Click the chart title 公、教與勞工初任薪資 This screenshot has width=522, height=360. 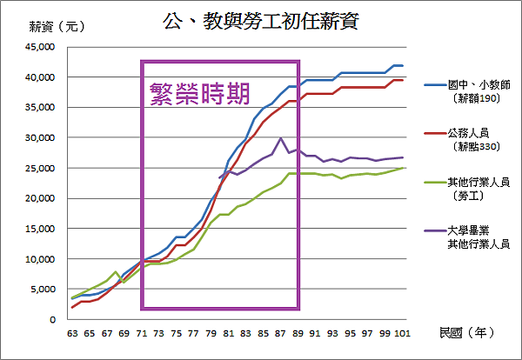(260, 19)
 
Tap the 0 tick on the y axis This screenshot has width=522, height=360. (52, 320)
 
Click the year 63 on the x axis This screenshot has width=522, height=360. (72, 333)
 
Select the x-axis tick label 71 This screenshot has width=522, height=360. (141, 333)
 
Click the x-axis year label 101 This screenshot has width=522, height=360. (399, 333)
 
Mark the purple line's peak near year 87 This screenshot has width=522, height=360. (280, 138)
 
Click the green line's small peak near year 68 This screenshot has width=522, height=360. (116, 272)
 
